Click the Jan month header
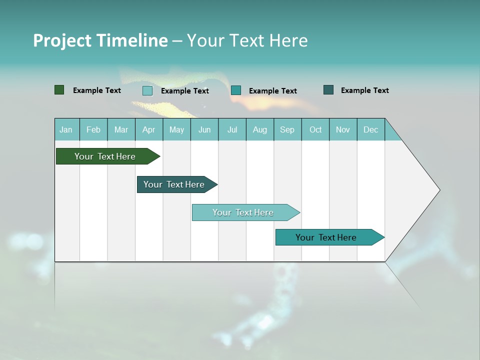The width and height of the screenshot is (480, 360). [x=66, y=129]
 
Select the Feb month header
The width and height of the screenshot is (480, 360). [x=93, y=129]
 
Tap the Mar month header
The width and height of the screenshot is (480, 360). [x=121, y=129]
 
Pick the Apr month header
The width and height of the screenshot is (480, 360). [x=149, y=129]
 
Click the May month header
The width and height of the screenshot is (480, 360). [x=176, y=129]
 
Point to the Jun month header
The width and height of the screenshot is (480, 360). [x=204, y=129]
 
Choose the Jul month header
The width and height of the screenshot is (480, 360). [x=232, y=129]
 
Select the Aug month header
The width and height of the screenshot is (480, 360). [x=260, y=129]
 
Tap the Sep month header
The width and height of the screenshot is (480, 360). [x=287, y=129]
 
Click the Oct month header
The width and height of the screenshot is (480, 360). [x=315, y=129]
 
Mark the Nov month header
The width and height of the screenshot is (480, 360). [x=343, y=129]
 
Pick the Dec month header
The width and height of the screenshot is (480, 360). [x=371, y=129]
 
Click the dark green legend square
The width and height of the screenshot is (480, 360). [x=59, y=90]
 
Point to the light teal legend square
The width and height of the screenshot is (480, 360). [x=147, y=90]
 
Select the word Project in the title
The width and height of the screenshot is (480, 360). [x=62, y=40]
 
